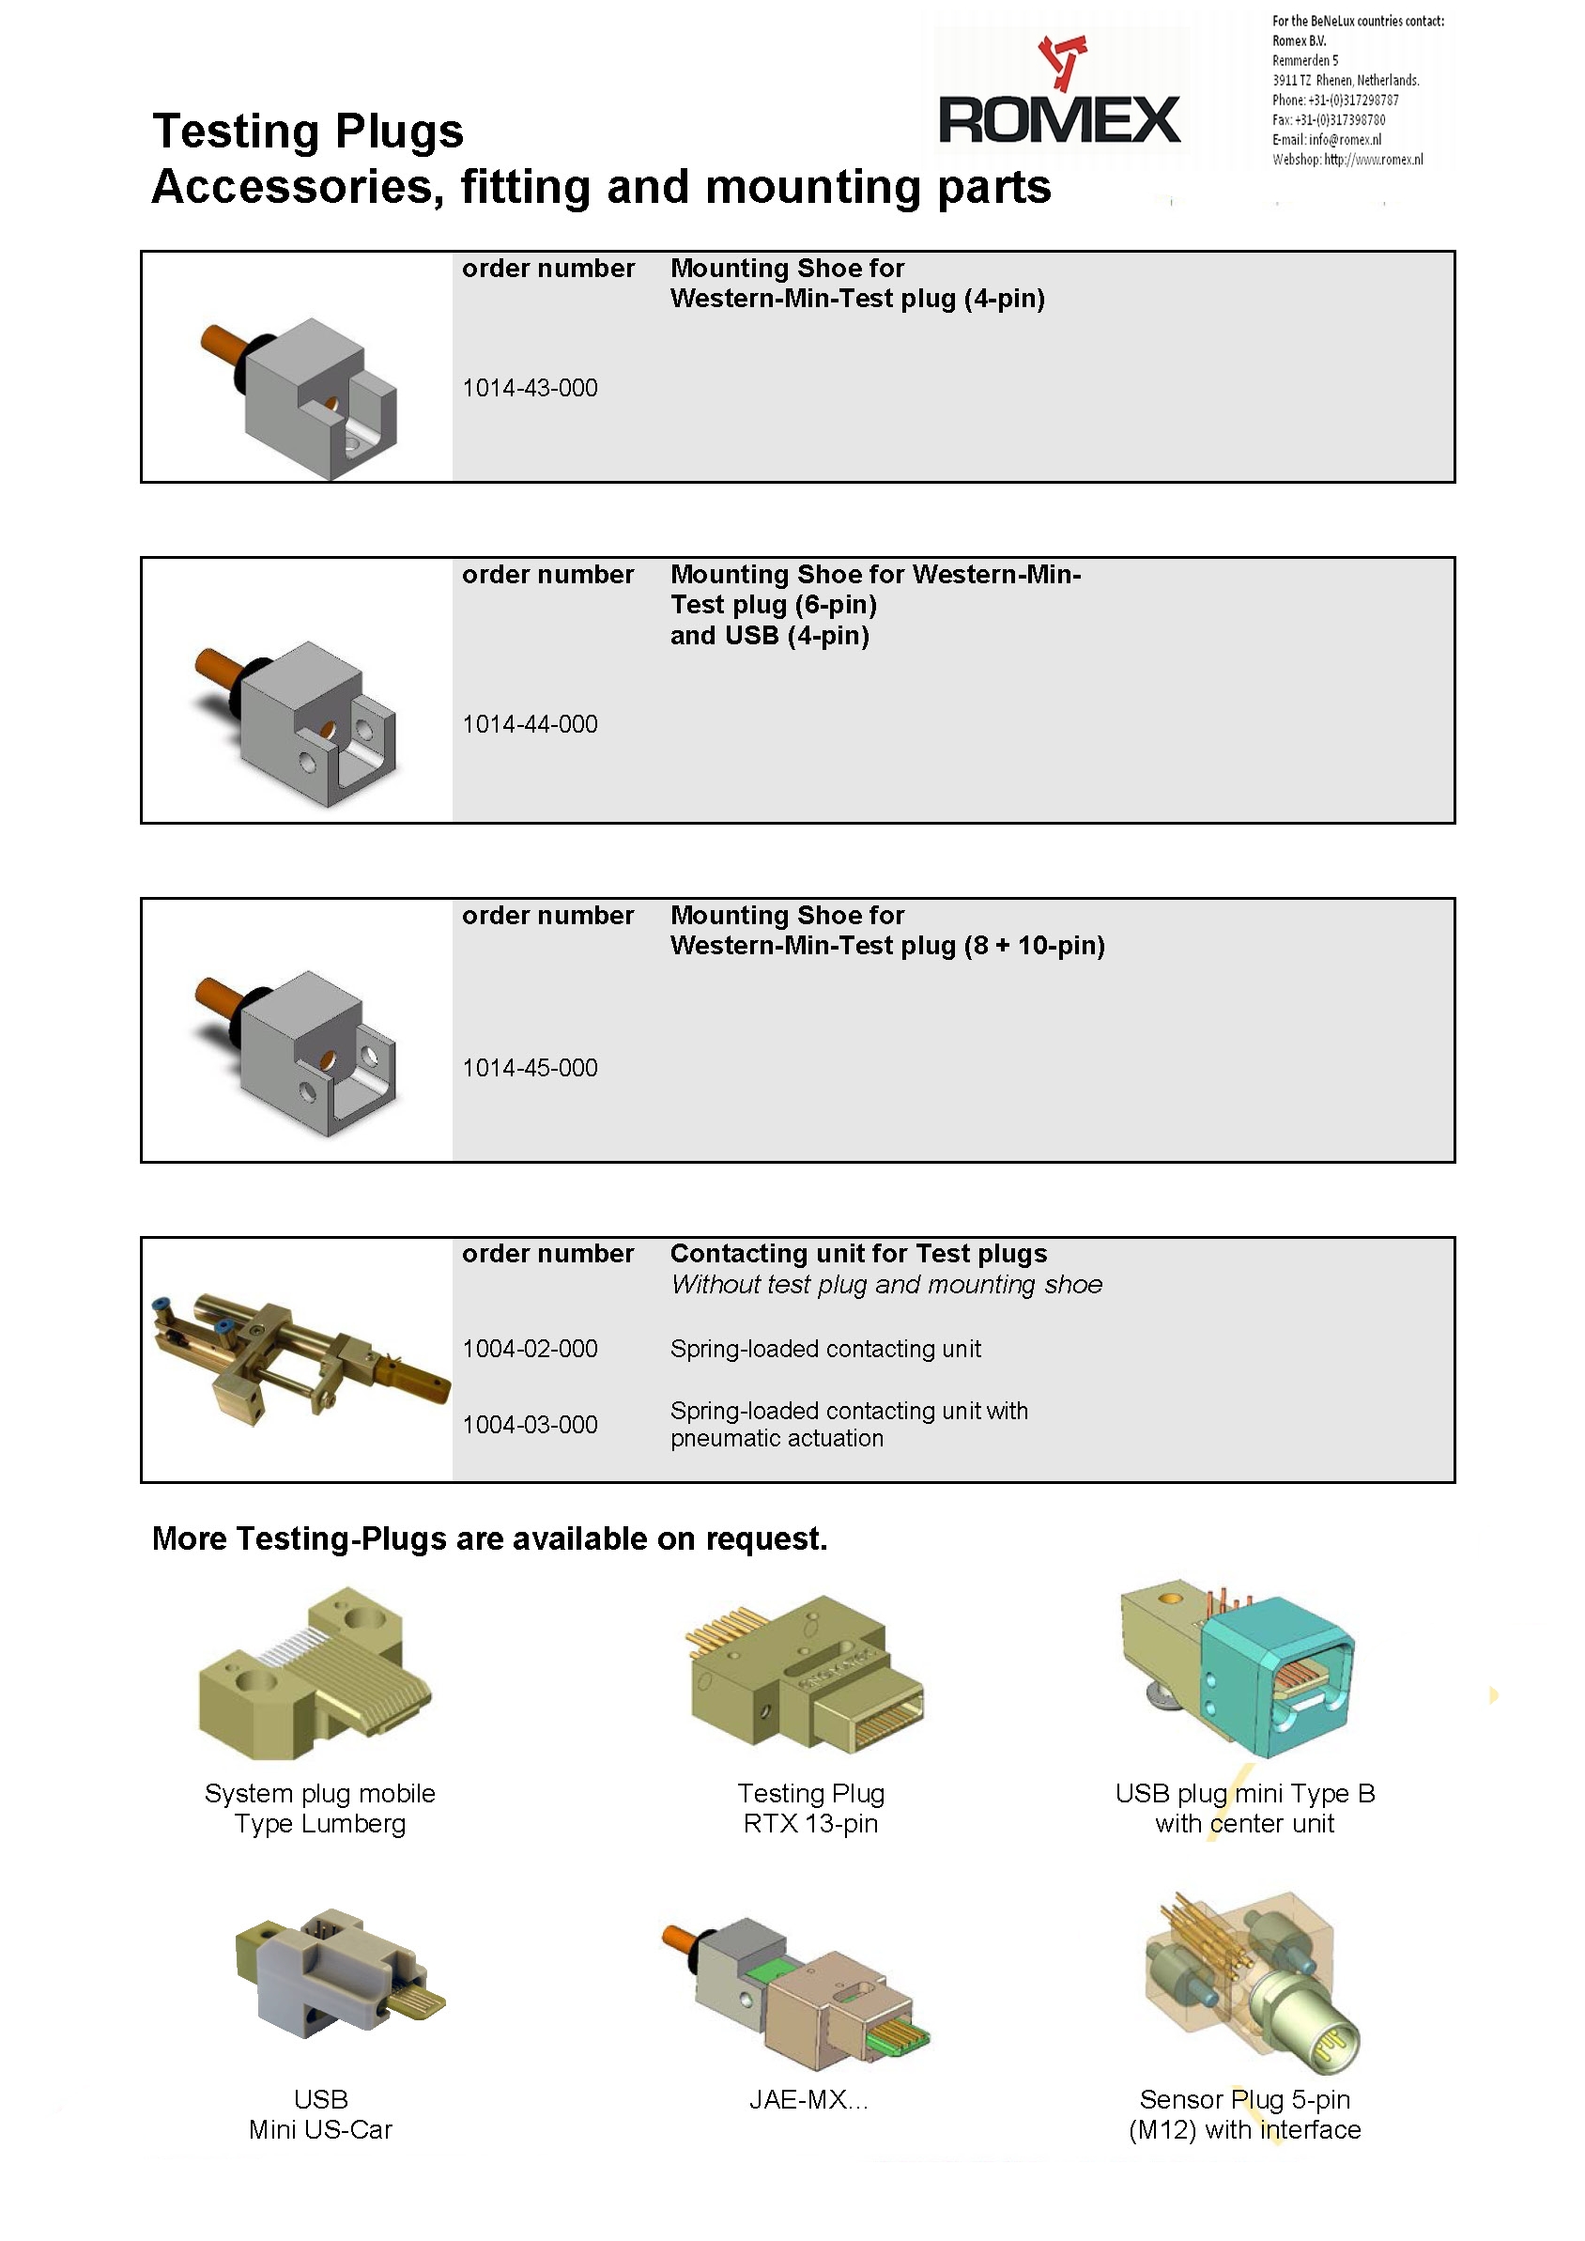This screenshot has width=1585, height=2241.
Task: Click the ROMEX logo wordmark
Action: point(1058,120)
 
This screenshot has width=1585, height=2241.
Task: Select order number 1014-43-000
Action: point(530,389)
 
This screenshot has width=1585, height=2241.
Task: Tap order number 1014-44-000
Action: point(530,724)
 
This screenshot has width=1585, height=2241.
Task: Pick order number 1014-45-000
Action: point(530,1068)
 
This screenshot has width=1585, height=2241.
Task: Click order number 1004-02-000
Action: point(530,1349)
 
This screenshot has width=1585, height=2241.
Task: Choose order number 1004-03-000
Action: point(530,1425)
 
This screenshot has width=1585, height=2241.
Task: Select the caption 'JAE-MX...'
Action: point(808,2099)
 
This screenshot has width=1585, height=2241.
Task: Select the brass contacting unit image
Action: point(298,1356)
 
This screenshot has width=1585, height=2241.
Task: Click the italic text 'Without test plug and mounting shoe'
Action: point(886,1285)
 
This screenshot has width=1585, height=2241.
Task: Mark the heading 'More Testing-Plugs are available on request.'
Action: point(490,1539)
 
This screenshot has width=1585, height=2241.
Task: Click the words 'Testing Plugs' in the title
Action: point(307,131)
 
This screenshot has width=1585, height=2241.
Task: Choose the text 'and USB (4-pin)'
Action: point(769,636)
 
